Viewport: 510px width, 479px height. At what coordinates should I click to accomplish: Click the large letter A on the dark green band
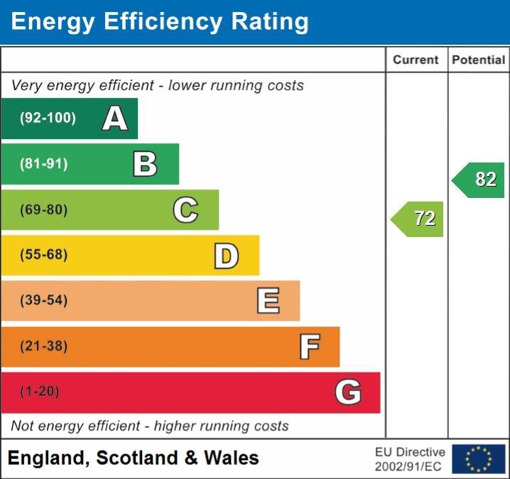[x=115, y=119]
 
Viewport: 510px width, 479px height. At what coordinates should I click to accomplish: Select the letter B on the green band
[x=145, y=164]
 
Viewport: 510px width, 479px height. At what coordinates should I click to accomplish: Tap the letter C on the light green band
[x=185, y=209]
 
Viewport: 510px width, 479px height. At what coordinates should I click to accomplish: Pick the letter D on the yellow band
[x=226, y=255]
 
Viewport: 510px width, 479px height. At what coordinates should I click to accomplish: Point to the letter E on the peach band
[x=268, y=301]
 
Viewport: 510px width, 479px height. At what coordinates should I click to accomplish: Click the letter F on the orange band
[x=309, y=347]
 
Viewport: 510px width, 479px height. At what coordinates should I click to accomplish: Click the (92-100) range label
[x=48, y=119]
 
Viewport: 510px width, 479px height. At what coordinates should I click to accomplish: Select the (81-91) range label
[x=44, y=164]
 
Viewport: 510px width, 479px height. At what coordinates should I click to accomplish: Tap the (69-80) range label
[x=44, y=210]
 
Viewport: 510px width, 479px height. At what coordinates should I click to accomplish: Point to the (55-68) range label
[x=44, y=255]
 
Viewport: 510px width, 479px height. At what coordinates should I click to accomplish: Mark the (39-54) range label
[x=44, y=300]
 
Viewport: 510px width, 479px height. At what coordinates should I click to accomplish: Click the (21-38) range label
[x=44, y=346]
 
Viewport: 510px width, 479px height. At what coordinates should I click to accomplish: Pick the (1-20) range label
[x=40, y=392]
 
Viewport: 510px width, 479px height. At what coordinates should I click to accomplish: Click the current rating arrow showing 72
[x=418, y=219]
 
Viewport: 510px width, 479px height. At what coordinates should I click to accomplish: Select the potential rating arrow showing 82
[x=479, y=180]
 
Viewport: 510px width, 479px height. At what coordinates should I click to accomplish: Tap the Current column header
[x=416, y=60]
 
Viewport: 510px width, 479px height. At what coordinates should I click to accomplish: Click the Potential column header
[x=479, y=60]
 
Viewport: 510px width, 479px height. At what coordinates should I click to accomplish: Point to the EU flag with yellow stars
[x=478, y=459]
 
